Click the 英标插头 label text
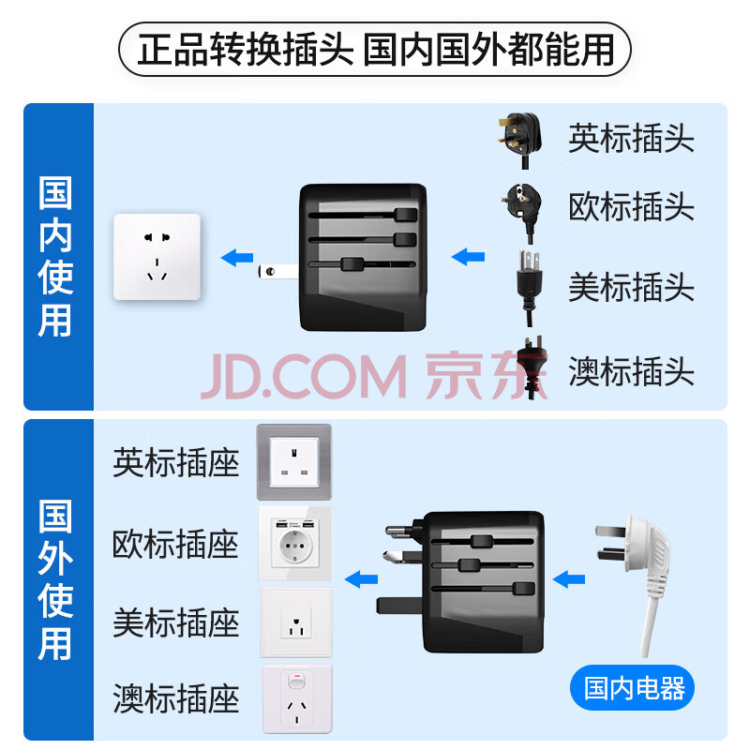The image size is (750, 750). (631, 139)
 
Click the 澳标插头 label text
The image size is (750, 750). (631, 371)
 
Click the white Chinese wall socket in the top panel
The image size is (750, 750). (157, 257)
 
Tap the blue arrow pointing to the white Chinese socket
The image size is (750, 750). (236, 256)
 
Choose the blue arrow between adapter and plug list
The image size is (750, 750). (468, 256)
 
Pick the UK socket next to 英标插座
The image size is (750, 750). (294, 461)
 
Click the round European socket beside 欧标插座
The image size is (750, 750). (294, 545)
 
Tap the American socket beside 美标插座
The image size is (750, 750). (294, 622)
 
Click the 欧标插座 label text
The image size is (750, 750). (175, 545)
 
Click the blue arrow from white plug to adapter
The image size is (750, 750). (569, 578)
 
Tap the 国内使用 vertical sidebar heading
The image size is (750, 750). (56, 256)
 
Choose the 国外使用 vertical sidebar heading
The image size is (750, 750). (56, 579)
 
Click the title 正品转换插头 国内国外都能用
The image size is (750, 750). (375, 49)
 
